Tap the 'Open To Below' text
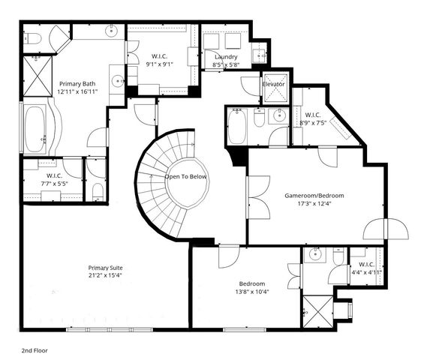[x=186, y=176]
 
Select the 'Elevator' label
[x=273, y=85]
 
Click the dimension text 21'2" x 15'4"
[x=104, y=275]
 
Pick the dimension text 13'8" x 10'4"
[x=251, y=291]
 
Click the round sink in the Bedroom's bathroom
[x=315, y=255]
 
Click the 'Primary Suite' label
[x=104, y=267]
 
